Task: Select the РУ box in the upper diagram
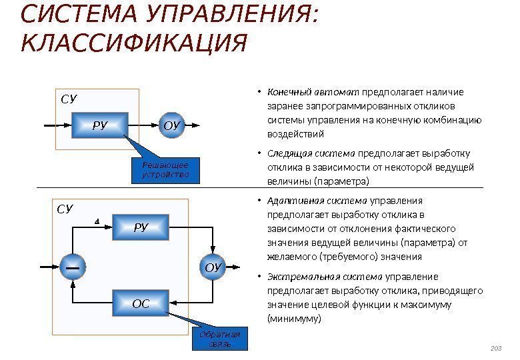[100, 125]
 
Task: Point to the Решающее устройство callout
[165, 170]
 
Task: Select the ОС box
[140, 305]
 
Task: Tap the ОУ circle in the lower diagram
[212, 268]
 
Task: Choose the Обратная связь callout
[219, 339]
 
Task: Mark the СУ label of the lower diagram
[64, 209]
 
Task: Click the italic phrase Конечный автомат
[313, 92]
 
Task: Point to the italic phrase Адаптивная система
[317, 201]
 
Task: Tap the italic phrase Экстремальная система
[325, 277]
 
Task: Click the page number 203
[495, 348]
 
